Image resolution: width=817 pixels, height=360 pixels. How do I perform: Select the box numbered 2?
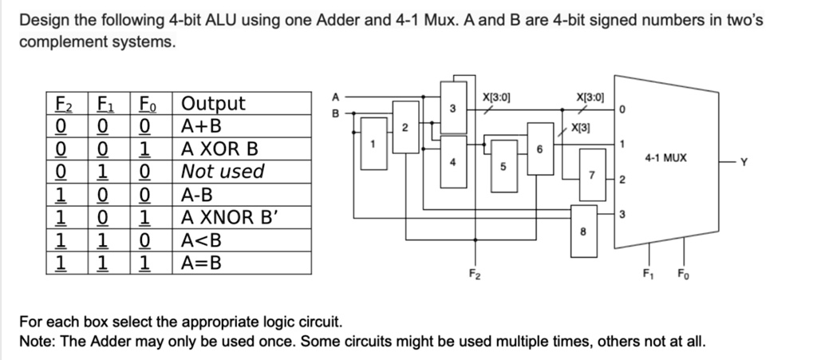tap(405, 128)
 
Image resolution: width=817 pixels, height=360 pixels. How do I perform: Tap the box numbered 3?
tap(452, 108)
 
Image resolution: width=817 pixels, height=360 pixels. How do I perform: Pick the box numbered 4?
tap(452, 162)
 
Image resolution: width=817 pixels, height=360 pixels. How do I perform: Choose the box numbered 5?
tap(503, 166)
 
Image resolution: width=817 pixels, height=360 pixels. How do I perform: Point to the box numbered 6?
tap(540, 148)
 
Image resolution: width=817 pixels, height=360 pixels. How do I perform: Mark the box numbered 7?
tap(591, 174)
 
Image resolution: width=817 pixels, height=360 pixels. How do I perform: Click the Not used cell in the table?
tap(223, 172)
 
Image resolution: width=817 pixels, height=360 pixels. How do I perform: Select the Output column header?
tap(214, 104)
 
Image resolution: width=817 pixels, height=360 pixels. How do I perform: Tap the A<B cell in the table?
tap(200, 240)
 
